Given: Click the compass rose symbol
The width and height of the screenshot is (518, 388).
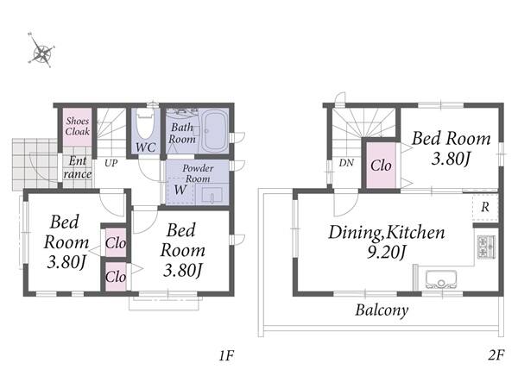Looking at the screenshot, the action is (x=41, y=50).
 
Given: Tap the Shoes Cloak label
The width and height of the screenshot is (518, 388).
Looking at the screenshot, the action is (x=78, y=126).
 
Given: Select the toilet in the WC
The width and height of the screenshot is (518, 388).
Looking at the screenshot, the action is (x=145, y=124).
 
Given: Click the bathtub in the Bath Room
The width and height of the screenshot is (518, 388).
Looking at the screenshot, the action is (x=214, y=131).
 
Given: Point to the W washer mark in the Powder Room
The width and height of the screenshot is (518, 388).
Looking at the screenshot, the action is (x=180, y=190).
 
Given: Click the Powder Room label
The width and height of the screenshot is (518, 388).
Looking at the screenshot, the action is (x=198, y=173).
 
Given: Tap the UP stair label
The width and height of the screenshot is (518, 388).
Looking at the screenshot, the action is (x=111, y=163).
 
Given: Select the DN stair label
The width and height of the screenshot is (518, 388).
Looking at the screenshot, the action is (x=346, y=163).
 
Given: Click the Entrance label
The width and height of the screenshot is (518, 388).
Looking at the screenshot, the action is (x=78, y=167).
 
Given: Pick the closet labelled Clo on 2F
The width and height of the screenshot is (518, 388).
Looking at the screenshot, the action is (x=381, y=166).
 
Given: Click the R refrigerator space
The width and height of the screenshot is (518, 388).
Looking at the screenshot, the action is (x=485, y=207).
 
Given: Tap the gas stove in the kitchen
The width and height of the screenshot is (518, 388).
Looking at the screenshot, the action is (x=486, y=247).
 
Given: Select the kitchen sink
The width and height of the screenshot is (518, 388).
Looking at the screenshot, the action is (x=441, y=279).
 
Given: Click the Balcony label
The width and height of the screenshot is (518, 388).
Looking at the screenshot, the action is (x=382, y=310).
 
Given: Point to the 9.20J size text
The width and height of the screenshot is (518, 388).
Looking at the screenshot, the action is (x=386, y=253).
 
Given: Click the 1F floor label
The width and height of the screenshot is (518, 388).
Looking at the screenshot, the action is (x=226, y=355).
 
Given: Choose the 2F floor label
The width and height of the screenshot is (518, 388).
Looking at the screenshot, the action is (x=496, y=355).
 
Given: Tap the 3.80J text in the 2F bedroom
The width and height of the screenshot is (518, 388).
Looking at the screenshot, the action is (x=451, y=159).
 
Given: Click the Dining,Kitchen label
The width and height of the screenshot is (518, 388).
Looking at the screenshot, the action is (x=387, y=232).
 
